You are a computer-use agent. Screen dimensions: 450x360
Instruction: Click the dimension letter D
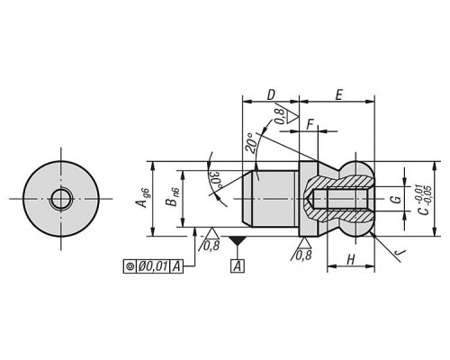pyautogui.click(x=271, y=94)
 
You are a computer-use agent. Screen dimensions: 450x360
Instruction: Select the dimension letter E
pyautogui.click(x=338, y=95)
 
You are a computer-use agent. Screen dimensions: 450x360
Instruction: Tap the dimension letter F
pyautogui.click(x=310, y=124)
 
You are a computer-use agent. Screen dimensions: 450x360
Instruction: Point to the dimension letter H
pyautogui.click(x=351, y=260)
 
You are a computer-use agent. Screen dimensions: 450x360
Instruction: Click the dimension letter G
pyautogui.click(x=397, y=199)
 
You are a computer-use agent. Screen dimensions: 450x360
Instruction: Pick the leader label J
pyautogui.click(x=400, y=254)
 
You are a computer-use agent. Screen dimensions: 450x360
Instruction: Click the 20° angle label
pyautogui.click(x=252, y=142)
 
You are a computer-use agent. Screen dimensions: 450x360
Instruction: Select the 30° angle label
pyautogui.click(x=216, y=181)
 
